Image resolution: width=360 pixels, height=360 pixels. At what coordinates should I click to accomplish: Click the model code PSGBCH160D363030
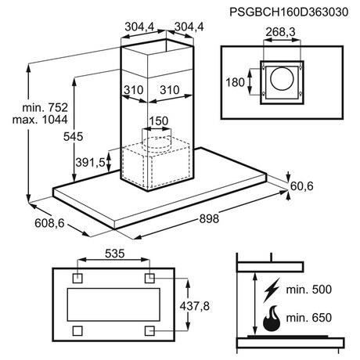tap(289, 12)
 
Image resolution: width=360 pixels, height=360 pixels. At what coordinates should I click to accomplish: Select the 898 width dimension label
tap(209, 218)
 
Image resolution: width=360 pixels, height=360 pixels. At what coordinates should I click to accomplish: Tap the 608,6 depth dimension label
tap(49, 223)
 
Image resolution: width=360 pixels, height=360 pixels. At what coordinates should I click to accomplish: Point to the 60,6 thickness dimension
tap(302, 186)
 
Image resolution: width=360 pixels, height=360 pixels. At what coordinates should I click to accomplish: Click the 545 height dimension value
tap(73, 137)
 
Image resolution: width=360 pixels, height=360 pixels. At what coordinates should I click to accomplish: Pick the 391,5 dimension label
tap(90, 163)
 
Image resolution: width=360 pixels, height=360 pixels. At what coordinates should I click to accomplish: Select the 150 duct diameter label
tap(159, 121)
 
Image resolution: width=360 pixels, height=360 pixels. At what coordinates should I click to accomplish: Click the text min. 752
tap(45, 107)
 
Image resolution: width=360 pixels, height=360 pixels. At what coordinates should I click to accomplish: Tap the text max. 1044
tap(40, 120)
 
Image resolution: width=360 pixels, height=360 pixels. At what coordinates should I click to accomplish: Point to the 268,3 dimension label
tap(280, 32)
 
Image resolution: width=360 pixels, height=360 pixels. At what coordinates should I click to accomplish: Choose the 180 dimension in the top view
tap(235, 82)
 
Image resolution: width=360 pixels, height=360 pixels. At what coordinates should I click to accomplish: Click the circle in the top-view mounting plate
tap(282, 78)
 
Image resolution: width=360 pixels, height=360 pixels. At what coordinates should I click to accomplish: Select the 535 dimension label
tap(115, 254)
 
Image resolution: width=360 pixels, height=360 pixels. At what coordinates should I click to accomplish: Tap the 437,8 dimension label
tap(195, 306)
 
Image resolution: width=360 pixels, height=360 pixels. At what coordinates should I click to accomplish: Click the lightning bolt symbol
tap(272, 290)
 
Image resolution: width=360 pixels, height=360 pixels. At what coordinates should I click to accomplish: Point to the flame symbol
tap(272, 319)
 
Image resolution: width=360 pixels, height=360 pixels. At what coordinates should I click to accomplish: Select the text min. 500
tap(309, 290)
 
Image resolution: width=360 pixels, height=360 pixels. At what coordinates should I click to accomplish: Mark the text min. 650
tap(309, 318)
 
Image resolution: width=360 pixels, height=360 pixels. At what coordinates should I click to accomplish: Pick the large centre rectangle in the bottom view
tap(113, 304)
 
